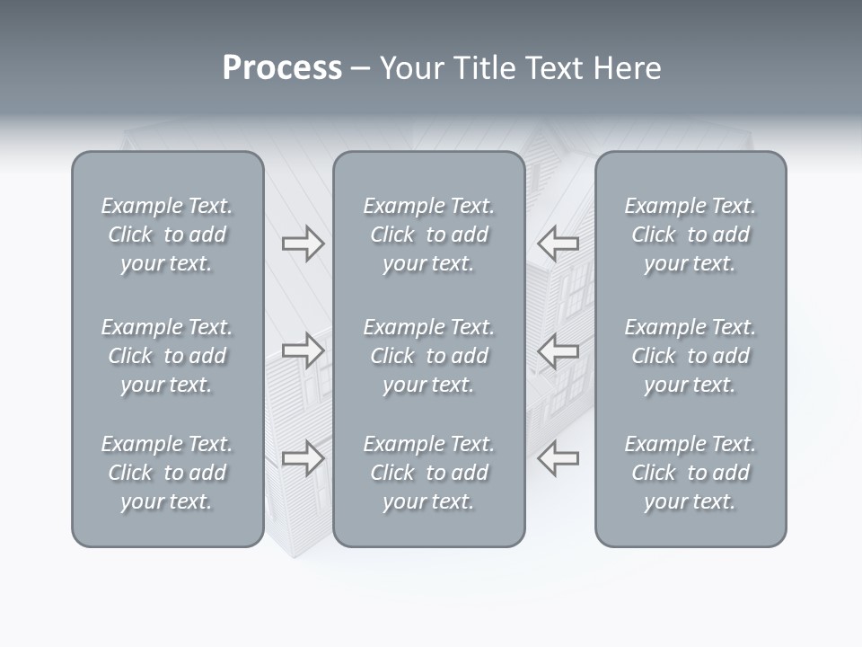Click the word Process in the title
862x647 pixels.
[282, 68]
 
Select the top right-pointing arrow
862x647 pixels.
[303, 244]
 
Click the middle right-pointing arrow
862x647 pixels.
[303, 350]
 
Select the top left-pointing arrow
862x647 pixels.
[559, 244]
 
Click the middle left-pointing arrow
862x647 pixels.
[559, 350]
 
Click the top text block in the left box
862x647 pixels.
[167, 235]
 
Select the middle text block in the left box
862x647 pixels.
[167, 356]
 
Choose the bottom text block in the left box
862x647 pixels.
[167, 473]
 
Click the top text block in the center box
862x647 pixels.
[428, 235]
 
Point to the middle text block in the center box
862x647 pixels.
[428, 356]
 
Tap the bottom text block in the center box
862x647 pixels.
[428, 473]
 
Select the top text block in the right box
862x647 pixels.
[690, 235]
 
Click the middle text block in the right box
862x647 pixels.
[690, 356]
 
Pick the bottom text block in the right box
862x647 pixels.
[690, 473]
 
